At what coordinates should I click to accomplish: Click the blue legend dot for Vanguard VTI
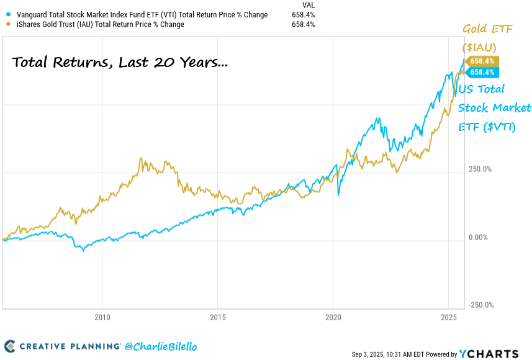click(x=7, y=15)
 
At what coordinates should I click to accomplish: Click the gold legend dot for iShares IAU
click(x=7, y=25)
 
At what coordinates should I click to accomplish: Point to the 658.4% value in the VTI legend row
click(x=303, y=15)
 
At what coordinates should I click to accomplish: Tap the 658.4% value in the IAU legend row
click(x=303, y=25)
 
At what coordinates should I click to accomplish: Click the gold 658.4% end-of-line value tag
click(x=481, y=61)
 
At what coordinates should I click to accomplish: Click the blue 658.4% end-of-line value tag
click(x=481, y=72)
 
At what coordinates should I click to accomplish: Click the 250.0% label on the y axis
click(x=479, y=169)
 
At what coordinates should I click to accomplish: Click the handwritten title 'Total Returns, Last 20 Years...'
click(x=120, y=63)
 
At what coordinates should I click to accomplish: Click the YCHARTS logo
click(x=489, y=354)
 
